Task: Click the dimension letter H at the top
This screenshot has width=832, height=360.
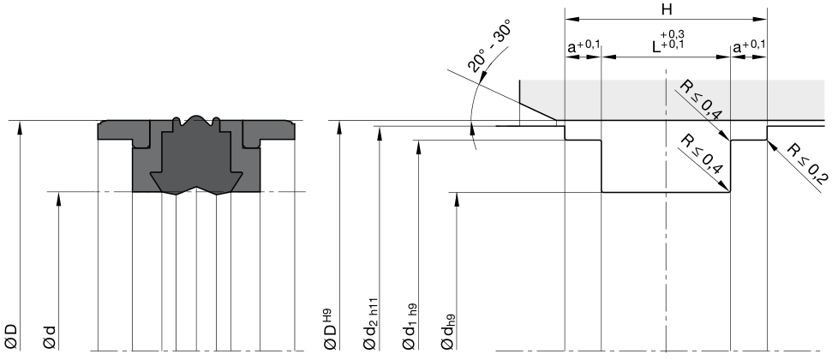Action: (x=667, y=9)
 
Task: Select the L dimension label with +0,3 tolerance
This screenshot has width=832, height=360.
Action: (x=668, y=41)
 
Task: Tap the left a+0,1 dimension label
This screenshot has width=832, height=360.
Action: (x=584, y=47)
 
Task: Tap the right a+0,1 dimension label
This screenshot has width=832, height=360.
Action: (x=749, y=47)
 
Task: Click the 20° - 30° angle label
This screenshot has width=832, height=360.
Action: (x=489, y=45)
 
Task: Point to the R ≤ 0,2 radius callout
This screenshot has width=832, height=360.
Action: (x=807, y=164)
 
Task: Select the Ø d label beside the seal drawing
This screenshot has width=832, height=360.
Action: (x=50, y=337)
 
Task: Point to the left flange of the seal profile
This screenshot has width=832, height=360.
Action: (x=115, y=130)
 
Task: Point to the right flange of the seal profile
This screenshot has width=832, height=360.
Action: (x=277, y=130)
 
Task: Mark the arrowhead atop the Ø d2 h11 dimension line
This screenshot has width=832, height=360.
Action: (x=380, y=132)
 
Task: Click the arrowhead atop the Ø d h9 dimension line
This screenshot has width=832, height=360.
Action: (x=457, y=198)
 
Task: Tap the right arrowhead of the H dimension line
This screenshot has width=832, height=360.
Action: (x=762, y=20)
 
